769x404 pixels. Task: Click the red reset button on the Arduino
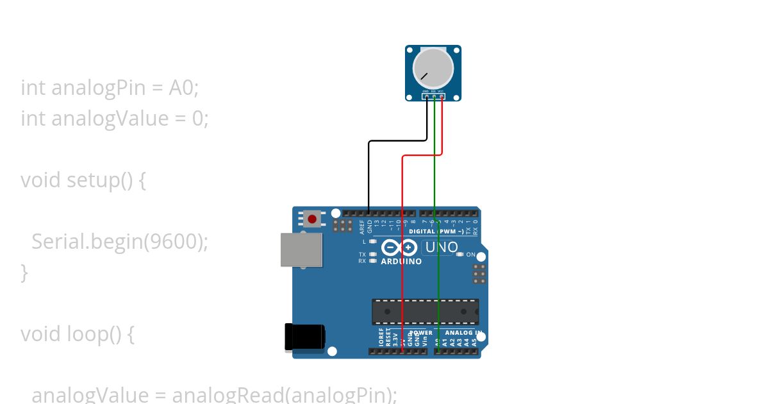312,219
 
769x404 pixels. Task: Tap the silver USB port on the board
301,249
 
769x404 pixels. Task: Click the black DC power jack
304,337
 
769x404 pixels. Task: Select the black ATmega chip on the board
425,311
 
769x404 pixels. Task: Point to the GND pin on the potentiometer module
426,97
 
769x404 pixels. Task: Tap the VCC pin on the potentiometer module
442,97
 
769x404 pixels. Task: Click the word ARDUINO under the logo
401,262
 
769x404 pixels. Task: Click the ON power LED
460,255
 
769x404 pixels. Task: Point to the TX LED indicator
372,255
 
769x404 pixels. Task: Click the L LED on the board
372,242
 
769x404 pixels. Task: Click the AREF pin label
362,226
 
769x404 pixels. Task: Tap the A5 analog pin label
474,342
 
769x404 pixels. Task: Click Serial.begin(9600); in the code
120,242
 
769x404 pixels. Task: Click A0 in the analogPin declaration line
181,88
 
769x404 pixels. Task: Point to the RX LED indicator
372,261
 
